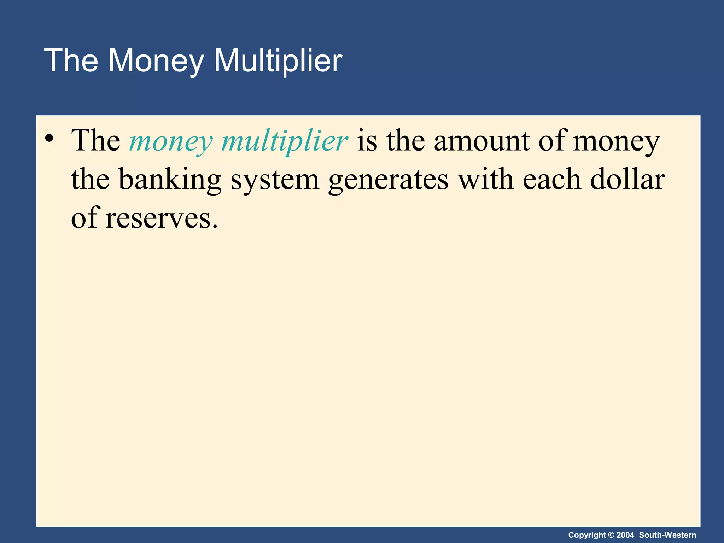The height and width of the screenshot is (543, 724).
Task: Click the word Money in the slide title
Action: [156, 61]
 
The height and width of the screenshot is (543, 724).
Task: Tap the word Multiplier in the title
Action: [278, 61]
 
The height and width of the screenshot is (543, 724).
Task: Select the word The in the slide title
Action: [71, 61]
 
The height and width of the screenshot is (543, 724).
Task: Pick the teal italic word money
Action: [171, 141]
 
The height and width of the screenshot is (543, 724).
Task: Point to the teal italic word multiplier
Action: [285, 141]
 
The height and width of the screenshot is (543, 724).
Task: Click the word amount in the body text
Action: [482, 141]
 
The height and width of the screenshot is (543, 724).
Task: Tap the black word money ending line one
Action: [616, 141]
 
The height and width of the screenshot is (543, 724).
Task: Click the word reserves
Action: [161, 218]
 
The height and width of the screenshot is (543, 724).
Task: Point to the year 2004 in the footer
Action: [625, 535]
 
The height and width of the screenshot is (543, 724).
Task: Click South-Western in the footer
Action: [667, 535]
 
